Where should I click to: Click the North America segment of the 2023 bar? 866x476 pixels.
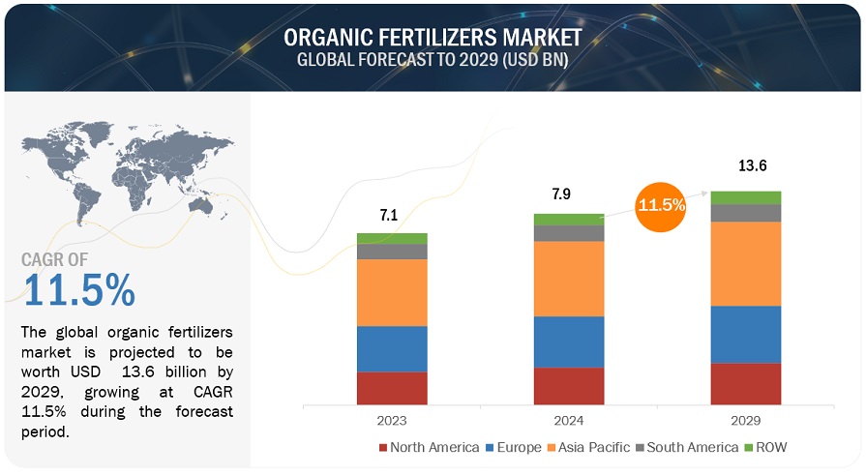pyautogui.click(x=392, y=387)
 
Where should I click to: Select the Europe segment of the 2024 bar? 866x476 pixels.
pyautogui.click(x=569, y=342)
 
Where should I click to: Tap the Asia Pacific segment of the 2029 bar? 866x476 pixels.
pyautogui.click(x=746, y=263)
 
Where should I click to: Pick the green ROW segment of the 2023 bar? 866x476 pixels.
pyautogui.click(x=392, y=238)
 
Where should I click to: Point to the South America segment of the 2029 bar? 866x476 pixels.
pyautogui.click(x=746, y=213)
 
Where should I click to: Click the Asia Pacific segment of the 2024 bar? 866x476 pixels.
pyautogui.click(x=569, y=279)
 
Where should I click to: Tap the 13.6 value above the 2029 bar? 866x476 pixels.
pyautogui.click(x=746, y=166)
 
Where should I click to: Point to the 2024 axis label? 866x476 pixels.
pyautogui.click(x=569, y=421)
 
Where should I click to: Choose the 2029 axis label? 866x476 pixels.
pyautogui.click(x=746, y=421)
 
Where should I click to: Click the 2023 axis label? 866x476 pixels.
pyautogui.click(x=392, y=421)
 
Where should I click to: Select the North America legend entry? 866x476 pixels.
pyautogui.click(x=429, y=447)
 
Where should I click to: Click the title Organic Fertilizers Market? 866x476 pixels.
pyautogui.click(x=433, y=38)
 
